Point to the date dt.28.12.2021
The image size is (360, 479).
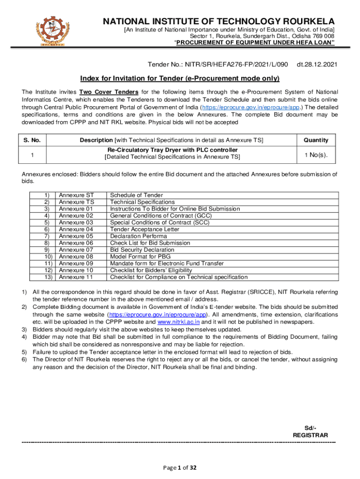pos(317,63)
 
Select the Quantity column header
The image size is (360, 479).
pos(316,140)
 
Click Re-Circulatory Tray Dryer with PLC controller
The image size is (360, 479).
pos(172,150)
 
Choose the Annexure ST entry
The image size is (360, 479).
pos(76,195)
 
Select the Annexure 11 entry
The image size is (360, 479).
pos(76,277)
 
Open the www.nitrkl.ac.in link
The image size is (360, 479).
pos(179,322)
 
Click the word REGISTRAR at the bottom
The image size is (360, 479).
pos(310,435)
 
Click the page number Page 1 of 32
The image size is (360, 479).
pos(180,467)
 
